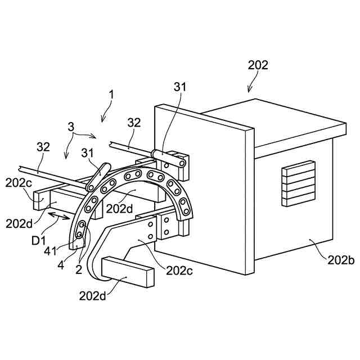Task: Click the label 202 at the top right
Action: click(x=258, y=65)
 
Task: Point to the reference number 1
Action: click(x=112, y=95)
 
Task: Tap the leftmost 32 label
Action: click(x=43, y=147)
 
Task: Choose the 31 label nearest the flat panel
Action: click(x=180, y=87)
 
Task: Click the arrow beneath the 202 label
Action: click(x=251, y=85)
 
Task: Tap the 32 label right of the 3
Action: click(x=134, y=123)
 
